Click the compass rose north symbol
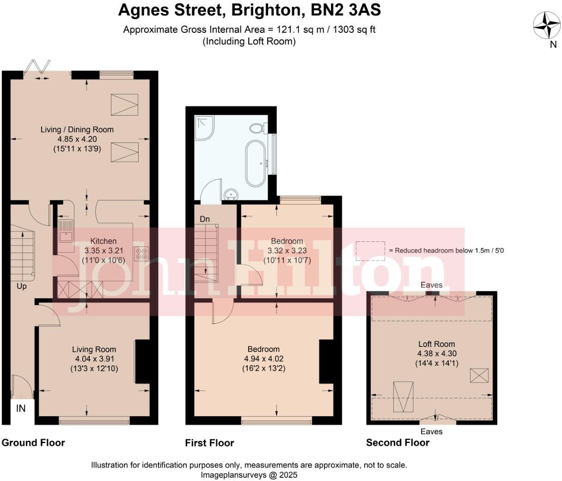tap(547, 25)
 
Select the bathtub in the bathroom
tap(255, 162)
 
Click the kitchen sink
tap(66, 231)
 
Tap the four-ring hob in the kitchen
tap(141, 254)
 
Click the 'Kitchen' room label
tap(103, 241)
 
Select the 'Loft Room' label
tap(436, 344)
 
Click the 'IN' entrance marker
tap(21, 408)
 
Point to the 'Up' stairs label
tap(22, 286)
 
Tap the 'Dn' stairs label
tap(205, 219)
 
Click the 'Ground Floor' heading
tap(33, 443)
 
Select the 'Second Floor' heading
tap(397, 443)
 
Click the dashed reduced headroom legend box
tap(370, 251)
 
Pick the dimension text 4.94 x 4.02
tap(263, 359)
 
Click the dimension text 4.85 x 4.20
tap(77, 139)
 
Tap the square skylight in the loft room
tap(479, 376)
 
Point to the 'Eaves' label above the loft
tap(432, 285)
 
